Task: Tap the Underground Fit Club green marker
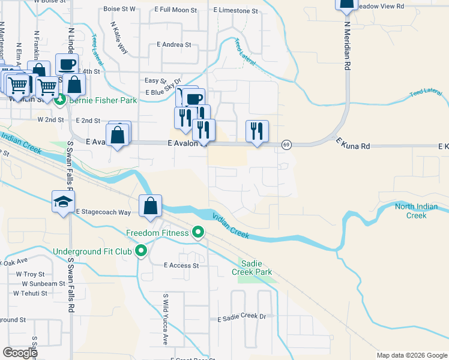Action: pyautogui.click(x=141, y=251)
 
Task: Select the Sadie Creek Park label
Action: pyautogui.click(x=256, y=268)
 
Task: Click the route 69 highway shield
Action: pyautogui.click(x=286, y=145)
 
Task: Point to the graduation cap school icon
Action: pyautogui.click(x=63, y=202)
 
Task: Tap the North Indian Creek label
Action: pyautogui.click(x=417, y=211)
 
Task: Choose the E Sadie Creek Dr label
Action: pyautogui.click(x=241, y=317)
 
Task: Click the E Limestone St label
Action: pyautogui.click(x=235, y=11)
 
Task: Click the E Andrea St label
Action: pyautogui.click(x=173, y=44)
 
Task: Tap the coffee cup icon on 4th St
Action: pyautogui.click(x=67, y=64)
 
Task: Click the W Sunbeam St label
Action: pyautogui.click(x=44, y=283)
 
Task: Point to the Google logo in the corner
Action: pyautogui.click(x=20, y=353)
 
